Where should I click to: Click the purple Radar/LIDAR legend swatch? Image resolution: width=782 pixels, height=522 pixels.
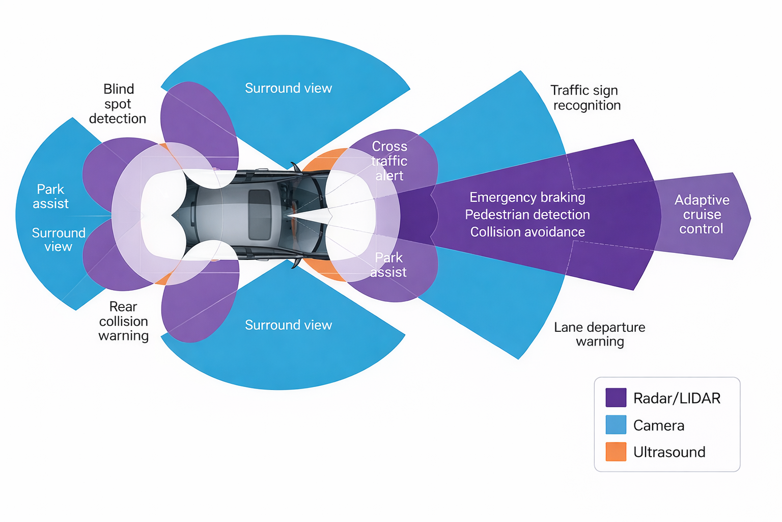pos(616,398)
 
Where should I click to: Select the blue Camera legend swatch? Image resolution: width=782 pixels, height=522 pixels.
pos(616,425)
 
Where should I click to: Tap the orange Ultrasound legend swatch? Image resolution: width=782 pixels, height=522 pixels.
pos(616,452)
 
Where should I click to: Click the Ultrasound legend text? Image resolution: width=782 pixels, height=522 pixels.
pos(669,452)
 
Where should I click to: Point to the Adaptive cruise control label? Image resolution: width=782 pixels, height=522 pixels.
pos(702,214)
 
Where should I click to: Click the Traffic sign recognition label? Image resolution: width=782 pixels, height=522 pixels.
pos(586,98)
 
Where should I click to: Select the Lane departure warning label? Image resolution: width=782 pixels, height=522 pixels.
pos(599,334)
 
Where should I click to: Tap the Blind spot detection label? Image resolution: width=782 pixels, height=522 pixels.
pos(118,104)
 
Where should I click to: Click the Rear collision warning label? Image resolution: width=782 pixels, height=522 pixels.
pos(123,321)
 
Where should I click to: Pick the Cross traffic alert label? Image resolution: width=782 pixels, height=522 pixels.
pos(389,161)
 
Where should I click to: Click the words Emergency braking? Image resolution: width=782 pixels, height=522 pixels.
pos(527,197)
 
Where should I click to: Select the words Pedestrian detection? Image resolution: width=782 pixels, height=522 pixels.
pos(527,215)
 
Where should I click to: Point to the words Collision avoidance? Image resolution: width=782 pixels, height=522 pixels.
pos(527,232)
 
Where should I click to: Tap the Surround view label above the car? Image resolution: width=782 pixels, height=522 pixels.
pos(288,88)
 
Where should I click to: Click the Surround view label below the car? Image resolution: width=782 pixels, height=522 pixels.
pos(288,325)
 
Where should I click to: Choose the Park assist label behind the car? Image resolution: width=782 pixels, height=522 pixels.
pos(50,196)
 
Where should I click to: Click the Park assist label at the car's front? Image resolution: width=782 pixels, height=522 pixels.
pos(388,265)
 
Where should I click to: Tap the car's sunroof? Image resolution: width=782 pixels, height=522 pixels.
pos(260,215)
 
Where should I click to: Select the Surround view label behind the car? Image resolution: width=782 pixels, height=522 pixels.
pos(59,240)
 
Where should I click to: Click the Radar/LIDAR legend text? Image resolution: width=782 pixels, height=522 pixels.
pos(677,398)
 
